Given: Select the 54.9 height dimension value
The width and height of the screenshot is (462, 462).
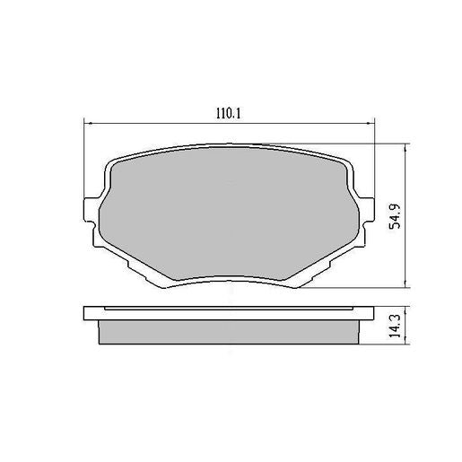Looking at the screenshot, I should click(x=392, y=216).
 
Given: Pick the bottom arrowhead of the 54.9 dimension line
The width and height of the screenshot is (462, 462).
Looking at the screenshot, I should click(x=405, y=286).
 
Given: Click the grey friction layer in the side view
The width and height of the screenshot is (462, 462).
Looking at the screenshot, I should click(x=229, y=331).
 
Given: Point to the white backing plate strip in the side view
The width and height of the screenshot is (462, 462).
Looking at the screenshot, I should click(x=229, y=312).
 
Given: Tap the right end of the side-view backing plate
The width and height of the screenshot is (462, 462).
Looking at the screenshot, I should click(x=370, y=313).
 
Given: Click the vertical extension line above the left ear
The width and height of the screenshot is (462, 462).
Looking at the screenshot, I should click(x=83, y=161).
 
